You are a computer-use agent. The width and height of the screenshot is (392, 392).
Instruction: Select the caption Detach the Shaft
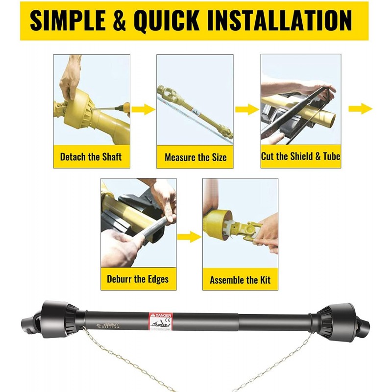pos(91,157)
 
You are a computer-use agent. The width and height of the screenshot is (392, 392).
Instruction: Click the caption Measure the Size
pos(196,158)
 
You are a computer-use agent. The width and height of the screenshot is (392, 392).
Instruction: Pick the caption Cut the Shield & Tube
pos(300,157)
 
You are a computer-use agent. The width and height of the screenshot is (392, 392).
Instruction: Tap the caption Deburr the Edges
pos(138,279)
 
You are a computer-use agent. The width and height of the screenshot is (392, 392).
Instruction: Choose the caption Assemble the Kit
pos(240,280)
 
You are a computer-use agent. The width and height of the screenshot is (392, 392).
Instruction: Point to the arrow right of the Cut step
pos(360,109)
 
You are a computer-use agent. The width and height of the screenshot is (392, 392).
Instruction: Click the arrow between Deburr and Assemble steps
pos(189,238)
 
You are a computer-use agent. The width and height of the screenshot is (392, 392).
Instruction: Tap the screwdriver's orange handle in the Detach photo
pos(124,106)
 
